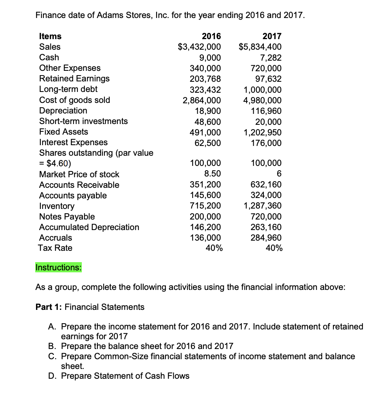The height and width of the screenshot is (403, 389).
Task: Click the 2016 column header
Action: pos(211,36)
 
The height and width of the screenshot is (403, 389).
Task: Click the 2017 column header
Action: pos(272,36)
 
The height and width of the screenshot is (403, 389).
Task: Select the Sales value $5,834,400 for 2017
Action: pos(260,47)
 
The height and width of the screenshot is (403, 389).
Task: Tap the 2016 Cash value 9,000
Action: pos(210,58)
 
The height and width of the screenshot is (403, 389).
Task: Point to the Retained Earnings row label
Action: pos(74,79)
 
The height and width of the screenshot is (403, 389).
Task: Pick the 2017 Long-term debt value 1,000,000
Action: pos(262,90)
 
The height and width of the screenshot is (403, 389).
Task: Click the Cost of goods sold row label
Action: pos(75,100)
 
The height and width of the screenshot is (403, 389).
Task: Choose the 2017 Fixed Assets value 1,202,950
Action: pos(262,132)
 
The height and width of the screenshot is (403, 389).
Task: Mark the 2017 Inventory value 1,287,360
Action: pos(262,206)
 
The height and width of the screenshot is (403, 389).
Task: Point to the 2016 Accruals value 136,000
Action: pos(205,238)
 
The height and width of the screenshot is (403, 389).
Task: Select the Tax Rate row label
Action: pos(55,248)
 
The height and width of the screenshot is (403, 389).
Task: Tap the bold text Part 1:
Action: pos(49,307)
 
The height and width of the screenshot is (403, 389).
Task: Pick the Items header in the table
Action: pos(50,36)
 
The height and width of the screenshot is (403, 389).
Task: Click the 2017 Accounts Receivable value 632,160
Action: pos(265,185)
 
